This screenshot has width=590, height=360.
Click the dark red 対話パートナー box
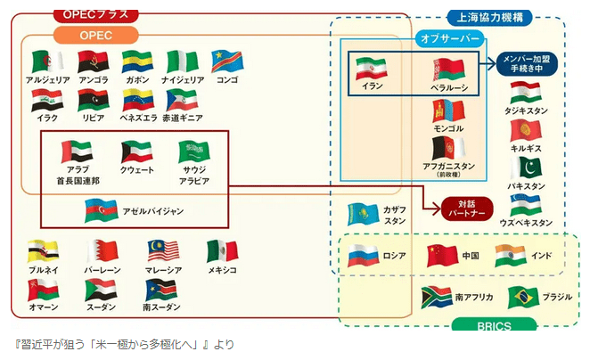point(467,209)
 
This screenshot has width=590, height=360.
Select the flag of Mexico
point(223,251)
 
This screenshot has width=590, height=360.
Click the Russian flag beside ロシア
point(363,256)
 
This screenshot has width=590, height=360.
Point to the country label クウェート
point(136,169)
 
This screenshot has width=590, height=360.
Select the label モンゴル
point(447,128)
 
